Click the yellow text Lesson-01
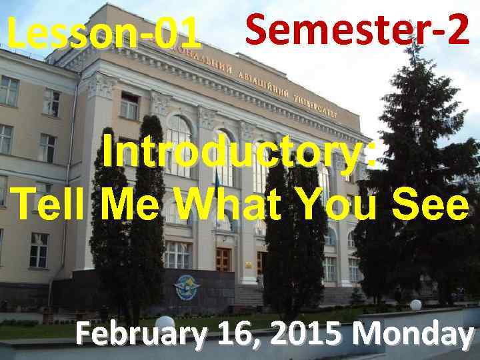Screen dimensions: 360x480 tap(103, 33)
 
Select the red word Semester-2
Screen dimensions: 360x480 tap(357, 30)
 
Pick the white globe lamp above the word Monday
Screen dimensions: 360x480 tap(416, 305)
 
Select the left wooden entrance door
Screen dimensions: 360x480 tap(223, 261)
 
